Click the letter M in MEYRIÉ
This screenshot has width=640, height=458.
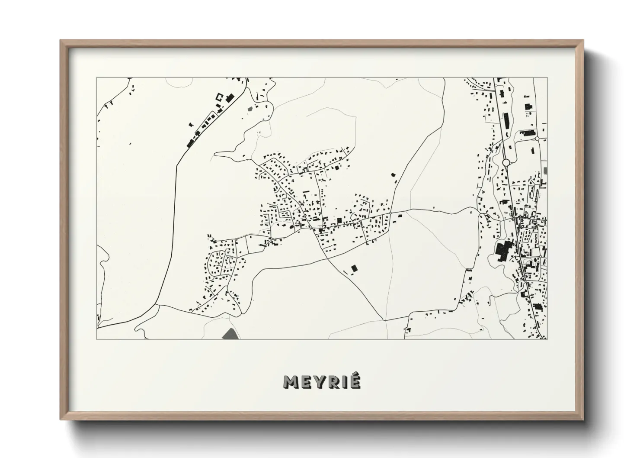pos(291,382)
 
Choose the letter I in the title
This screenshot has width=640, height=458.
pos(343,382)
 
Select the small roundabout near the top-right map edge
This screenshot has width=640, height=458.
pos(537,139)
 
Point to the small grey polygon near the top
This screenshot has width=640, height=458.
pos(250,108)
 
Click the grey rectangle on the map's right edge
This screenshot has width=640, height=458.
pos(546,171)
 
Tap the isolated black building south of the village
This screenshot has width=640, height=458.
pos(354,269)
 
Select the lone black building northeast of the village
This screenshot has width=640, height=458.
pos(393,175)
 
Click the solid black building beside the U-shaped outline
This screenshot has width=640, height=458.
pos(229,98)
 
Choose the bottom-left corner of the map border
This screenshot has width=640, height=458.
pos(97,339)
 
